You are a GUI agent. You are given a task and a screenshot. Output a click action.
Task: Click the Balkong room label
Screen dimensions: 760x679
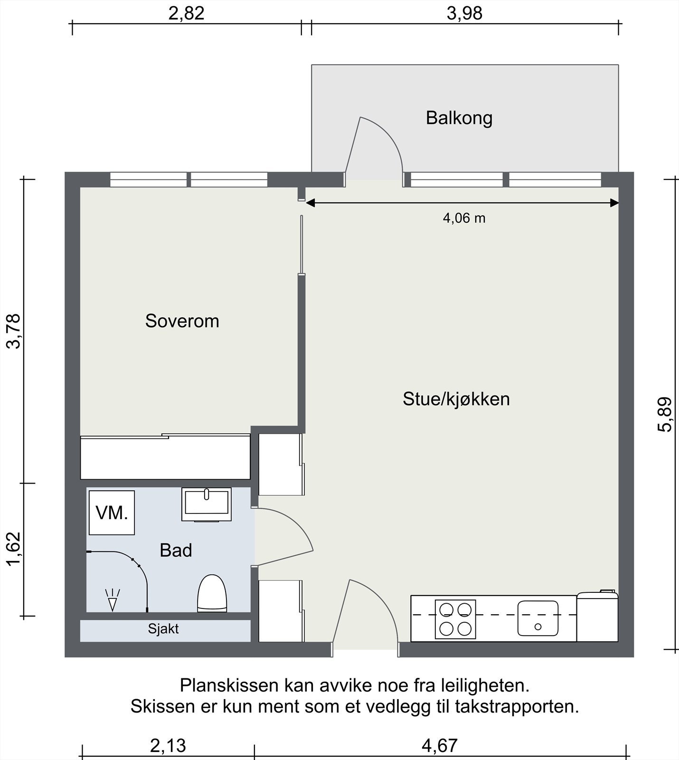click(x=459, y=118)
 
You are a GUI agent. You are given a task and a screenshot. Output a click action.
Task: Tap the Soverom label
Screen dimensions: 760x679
click(x=182, y=321)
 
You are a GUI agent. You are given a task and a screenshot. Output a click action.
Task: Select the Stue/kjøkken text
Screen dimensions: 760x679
click(x=456, y=399)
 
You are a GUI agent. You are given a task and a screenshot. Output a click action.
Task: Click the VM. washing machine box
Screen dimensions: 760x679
click(x=112, y=513)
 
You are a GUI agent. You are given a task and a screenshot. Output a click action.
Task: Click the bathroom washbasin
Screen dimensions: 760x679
click(x=207, y=503)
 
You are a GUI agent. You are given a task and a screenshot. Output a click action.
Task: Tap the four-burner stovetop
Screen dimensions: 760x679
click(x=455, y=619)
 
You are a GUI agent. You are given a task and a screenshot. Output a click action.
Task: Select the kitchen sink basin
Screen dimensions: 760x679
click(x=538, y=618)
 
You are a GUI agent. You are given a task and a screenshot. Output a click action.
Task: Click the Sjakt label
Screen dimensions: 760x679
click(x=163, y=629)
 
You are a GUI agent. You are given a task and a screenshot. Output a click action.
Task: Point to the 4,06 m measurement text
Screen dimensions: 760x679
click(x=464, y=218)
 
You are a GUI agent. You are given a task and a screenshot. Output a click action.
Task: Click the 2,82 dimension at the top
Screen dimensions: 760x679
click(x=186, y=13)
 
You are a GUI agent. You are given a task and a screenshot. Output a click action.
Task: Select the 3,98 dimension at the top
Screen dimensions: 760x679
click(x=464, y=13)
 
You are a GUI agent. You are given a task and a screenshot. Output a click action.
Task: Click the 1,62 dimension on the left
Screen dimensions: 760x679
click(x=14, y=549)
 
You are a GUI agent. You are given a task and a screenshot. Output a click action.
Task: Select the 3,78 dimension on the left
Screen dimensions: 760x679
click(x=14, y=331)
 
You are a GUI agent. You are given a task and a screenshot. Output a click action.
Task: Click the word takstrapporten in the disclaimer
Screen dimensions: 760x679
click(x=517, y=707)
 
